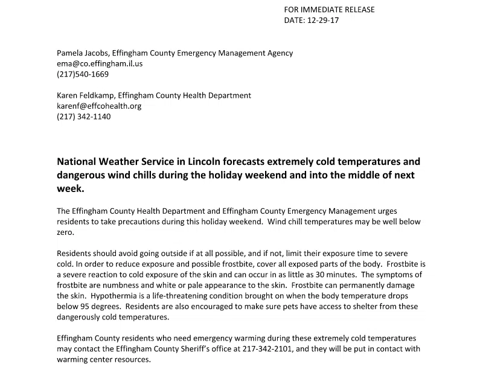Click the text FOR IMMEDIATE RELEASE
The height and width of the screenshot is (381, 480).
[329, 10]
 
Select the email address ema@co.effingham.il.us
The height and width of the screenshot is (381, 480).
[100, 63]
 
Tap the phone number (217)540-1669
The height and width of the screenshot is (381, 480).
[83, 74]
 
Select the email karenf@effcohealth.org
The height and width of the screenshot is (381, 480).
[99, 106]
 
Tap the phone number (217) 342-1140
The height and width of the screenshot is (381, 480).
[84, 117]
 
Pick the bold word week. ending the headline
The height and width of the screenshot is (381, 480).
[71, 188]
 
